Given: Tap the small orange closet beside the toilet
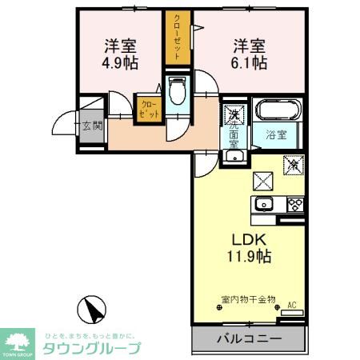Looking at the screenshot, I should click(149, 108).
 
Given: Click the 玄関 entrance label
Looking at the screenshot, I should click(91, 125).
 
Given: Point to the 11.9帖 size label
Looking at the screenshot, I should click(248, 257).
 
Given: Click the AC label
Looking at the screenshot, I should click(291, 304).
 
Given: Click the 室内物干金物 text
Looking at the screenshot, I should click(247, 300).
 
